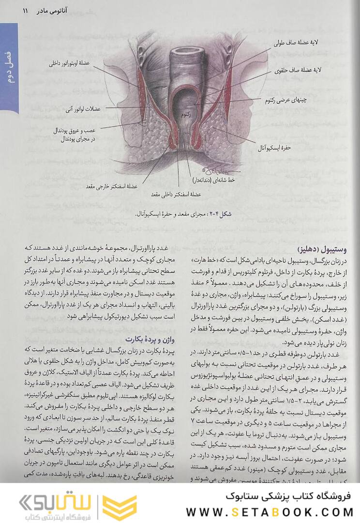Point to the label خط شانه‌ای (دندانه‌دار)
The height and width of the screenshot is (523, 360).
(x=216, y=179)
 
